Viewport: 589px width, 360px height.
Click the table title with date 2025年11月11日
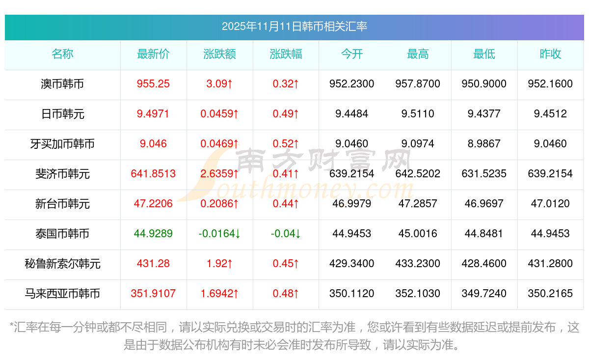(x=294, y=27)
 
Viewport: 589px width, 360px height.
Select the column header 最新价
(x=153, y=55)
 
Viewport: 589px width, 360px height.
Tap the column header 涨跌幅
(x=286, y=55)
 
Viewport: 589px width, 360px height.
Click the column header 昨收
(x=550, y=55)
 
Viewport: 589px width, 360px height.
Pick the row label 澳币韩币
(x=62, y=84)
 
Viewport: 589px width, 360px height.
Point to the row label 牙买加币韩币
(x=62, y=144)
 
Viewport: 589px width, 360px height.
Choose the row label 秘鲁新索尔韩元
(x=62, y=264)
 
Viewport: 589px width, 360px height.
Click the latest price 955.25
(x=153, y=84)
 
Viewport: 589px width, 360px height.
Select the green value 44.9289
(x=153, y=234)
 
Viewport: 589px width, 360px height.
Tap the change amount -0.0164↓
(x=219, y=234)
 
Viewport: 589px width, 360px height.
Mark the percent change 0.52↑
(x=286, y=144)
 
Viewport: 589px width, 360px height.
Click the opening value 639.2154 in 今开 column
(x=352, y=174)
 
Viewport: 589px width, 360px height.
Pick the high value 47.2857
(x=418, y=204)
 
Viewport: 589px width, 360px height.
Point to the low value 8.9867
(x=484, y=144)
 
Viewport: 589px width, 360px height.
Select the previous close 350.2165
(x=550, y=294)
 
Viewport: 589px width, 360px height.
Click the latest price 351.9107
(x=153, y=294)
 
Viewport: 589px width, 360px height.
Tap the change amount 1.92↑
(x=219, y=264)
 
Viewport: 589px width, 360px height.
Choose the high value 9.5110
(x=418, y=114)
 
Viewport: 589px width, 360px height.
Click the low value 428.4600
(x=484, y=264)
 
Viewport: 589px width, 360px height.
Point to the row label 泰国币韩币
(x=62, y=234)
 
